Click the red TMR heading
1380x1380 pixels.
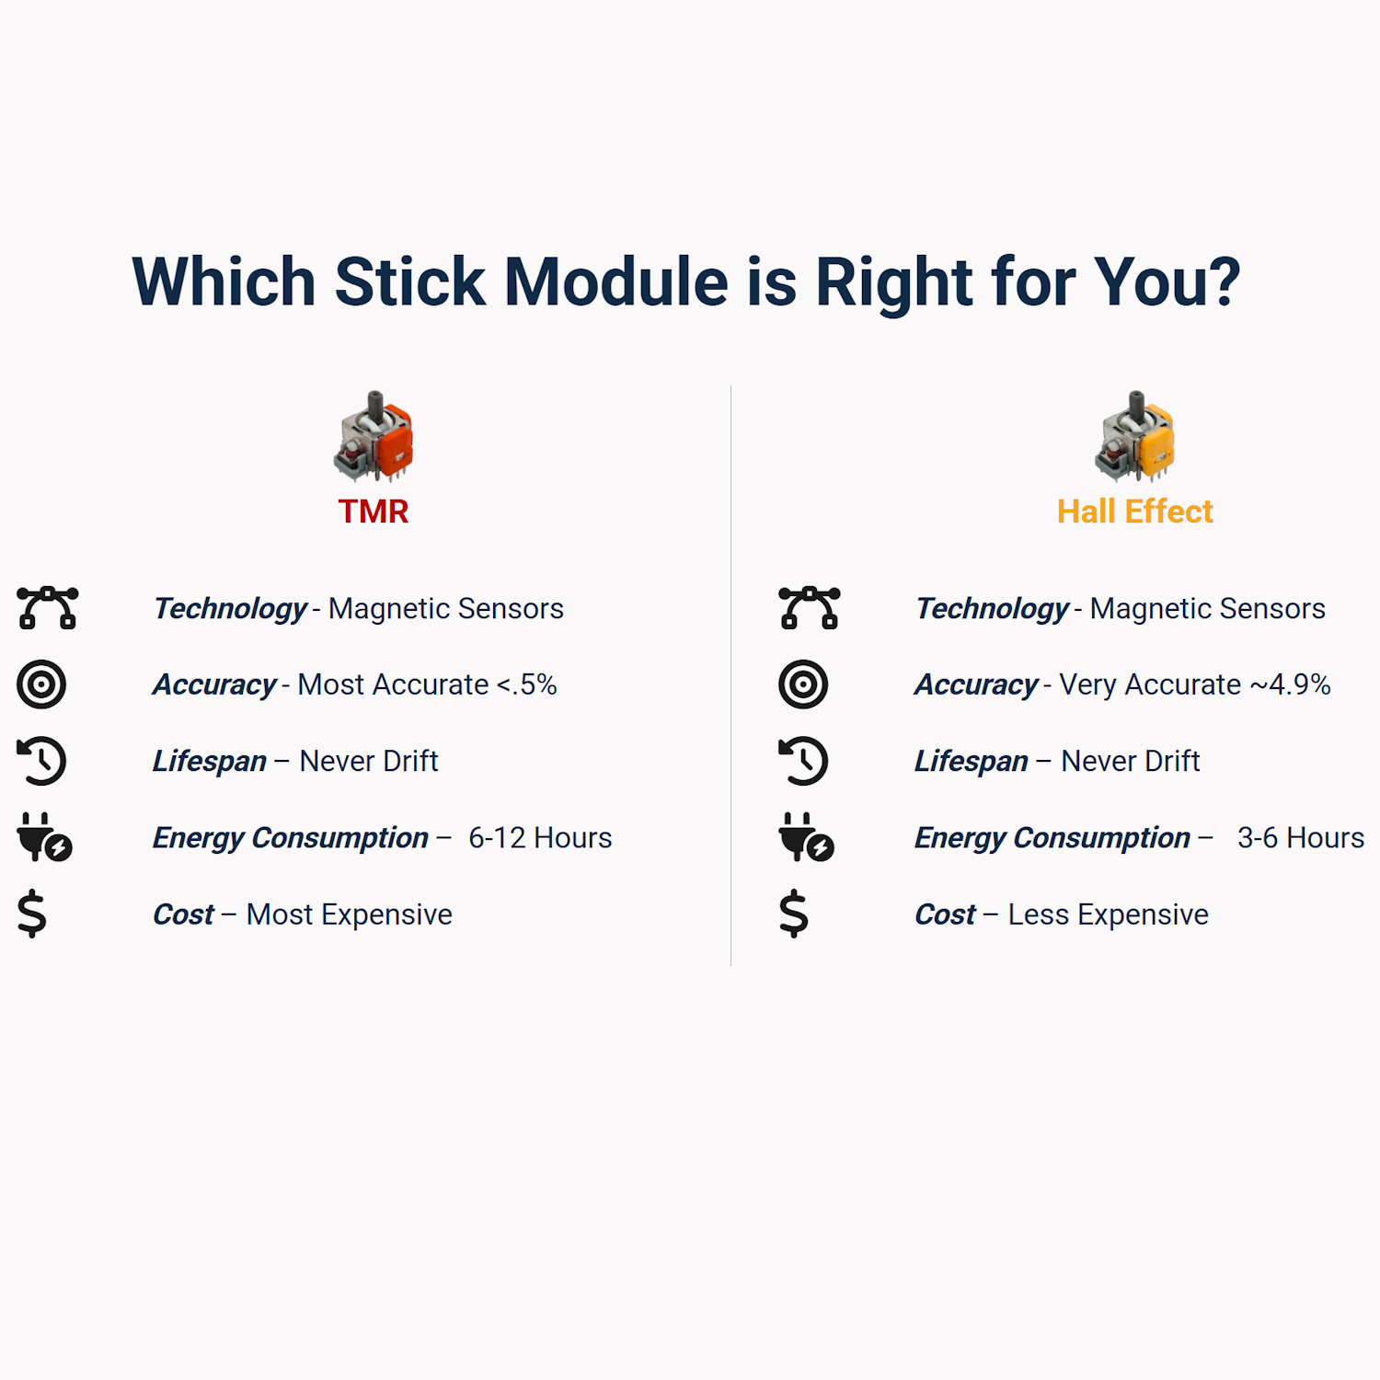coord(373,512)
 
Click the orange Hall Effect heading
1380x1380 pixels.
coord(1134,512)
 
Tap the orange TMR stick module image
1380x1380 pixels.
coord(374,436)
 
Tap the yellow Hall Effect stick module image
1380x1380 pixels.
coord(1135,436)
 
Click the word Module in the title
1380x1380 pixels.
coord(616,282)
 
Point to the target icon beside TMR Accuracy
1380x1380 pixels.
coord(41,684)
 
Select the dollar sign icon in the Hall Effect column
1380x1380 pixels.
coord(793,914)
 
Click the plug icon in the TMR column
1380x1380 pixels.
coord(44,837)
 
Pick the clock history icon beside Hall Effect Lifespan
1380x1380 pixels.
coord(803,761)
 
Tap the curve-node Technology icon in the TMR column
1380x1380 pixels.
coord(47,608)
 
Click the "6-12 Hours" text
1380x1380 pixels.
coord(540,838)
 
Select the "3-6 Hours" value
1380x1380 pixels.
coord(1301,838)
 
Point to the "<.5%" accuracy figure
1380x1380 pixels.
coord(526,684)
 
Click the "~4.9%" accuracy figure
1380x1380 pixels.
coord(1290,684)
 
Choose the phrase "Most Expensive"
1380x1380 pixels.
coord(350,914)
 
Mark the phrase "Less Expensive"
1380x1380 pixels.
coord(1109,914)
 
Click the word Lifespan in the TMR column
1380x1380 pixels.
coord(210,762)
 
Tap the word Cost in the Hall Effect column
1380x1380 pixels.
coord(945,914)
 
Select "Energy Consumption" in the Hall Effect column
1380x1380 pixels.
coord(1052,838)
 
